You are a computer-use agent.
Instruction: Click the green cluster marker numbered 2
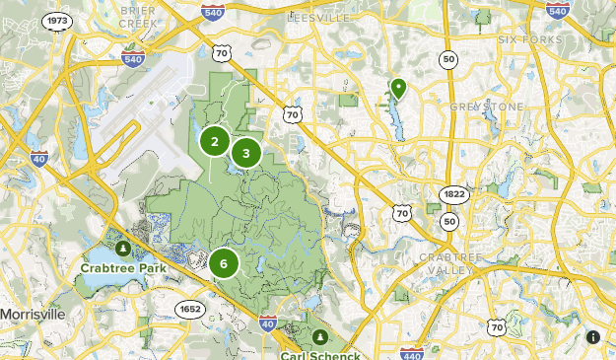point(214,142)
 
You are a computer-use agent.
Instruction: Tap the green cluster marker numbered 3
point(246,153)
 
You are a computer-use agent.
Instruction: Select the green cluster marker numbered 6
point(225,263)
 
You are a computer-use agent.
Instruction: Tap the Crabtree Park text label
point(121,266)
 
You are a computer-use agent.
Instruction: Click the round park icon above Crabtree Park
point(122,248)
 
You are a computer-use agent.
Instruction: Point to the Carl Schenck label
point(317,354)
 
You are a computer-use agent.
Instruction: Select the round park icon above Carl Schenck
point(318,337)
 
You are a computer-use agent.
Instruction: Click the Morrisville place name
point(32,314)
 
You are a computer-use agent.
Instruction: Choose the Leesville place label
point(317,17)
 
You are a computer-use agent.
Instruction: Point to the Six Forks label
point(530,39)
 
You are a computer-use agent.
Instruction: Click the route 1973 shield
point(58,21)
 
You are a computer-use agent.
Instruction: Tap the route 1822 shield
point(453,193)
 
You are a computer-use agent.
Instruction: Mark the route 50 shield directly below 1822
point(449,221)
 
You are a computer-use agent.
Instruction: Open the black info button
point(593,337)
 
